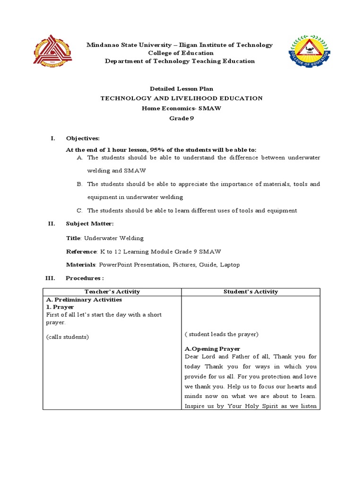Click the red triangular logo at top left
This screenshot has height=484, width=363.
click(x=53, y=52)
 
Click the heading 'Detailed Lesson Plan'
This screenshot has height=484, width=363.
click(x=181, y=88)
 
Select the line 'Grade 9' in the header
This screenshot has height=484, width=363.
click(x=181, y=119)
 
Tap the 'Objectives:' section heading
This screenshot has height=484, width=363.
click(x=83, y=138)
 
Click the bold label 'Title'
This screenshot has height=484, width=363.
click(x=73, y=238)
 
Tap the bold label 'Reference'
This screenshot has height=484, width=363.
click(x=81, y=251)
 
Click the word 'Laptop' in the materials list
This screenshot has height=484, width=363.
click(x=230, y=265)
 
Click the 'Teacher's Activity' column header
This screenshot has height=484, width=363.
click(x=112, y=292)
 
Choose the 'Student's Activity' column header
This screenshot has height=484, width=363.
click(x=251, y=292)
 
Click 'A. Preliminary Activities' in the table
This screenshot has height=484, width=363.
click(x=84, y=300)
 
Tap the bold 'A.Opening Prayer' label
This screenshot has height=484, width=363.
click(x=212, y=349)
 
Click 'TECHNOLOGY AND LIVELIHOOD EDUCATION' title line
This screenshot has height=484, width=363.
click(x=181, y=98)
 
